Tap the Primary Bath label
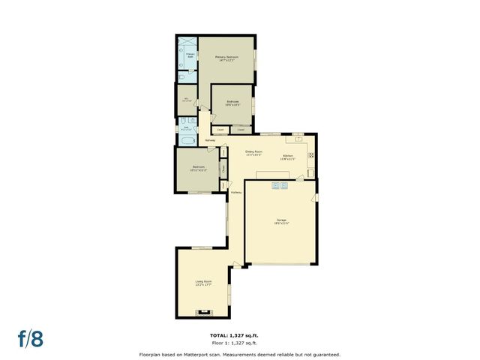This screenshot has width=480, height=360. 190,55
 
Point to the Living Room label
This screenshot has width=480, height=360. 203,283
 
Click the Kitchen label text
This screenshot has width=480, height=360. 288,157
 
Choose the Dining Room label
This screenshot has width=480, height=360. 253,153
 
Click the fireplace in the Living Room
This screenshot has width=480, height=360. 202,311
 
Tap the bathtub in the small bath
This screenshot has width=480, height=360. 187,140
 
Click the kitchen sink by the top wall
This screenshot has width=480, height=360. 298,137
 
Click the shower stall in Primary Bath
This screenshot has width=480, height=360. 187,42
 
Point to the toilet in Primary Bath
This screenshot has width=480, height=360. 184,77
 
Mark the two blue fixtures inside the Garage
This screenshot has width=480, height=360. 280,184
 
